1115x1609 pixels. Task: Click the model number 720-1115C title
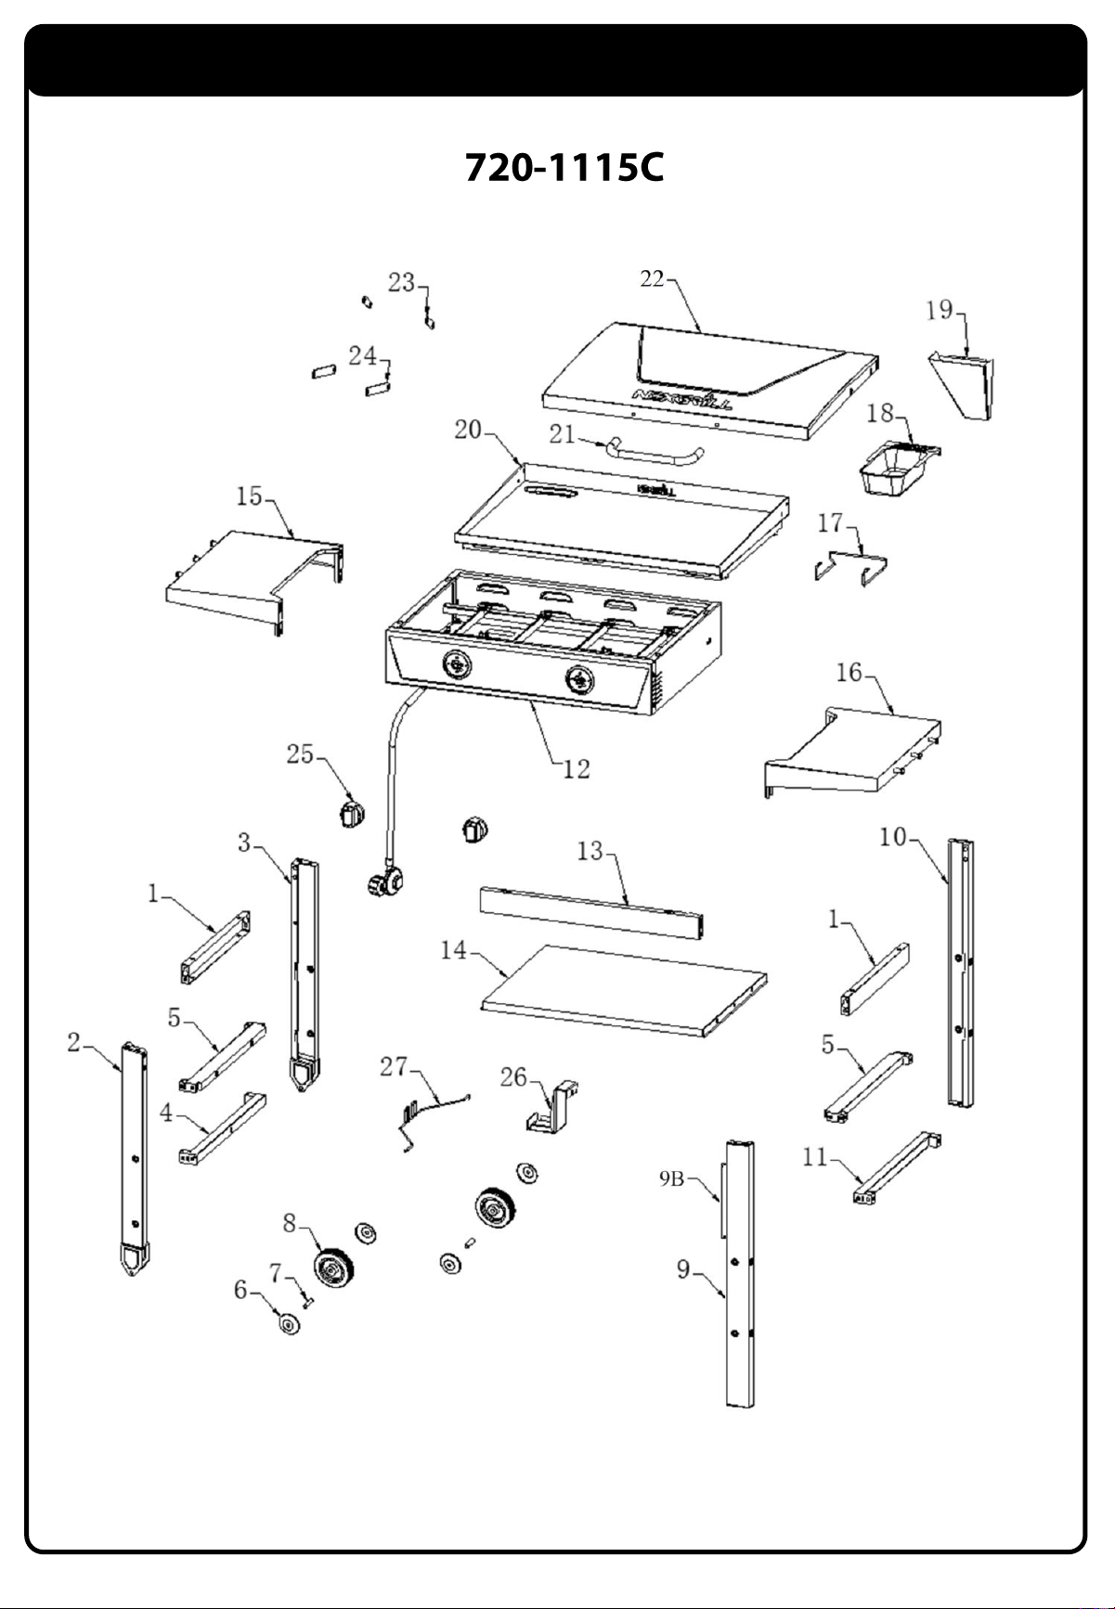click(564, 168)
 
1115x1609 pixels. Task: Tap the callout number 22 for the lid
click(653, 278)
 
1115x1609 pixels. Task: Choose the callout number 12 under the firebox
click(577, 768)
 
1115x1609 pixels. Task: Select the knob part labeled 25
click(350, 815)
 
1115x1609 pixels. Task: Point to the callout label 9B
click(671, 1179)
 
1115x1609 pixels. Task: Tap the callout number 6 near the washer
click(241, 1290)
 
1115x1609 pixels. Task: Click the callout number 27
click(394, 1067)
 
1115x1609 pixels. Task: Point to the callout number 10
click(892, 836)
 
